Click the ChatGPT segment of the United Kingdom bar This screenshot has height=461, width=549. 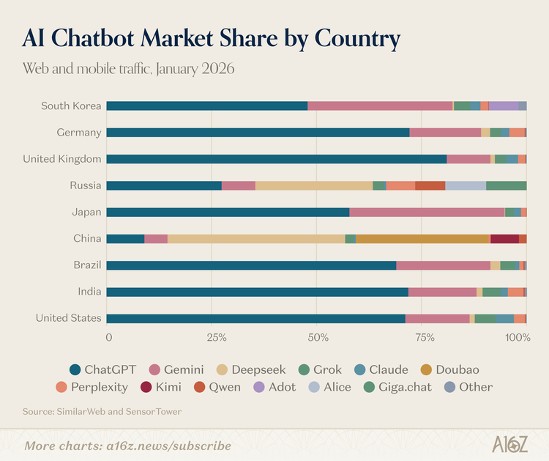click(277, 159)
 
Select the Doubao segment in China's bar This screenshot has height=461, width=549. click(423, 239)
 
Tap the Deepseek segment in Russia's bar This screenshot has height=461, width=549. click(314, 185)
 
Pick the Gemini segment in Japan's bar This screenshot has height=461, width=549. click(427, 213)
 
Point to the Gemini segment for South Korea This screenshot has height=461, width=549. click(380, 106)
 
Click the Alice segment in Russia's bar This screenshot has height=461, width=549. click(466, 185)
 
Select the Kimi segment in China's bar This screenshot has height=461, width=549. click(504, 239)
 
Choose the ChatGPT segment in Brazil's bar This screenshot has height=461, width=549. click(251, 265)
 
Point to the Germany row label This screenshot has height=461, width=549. click(78, 133)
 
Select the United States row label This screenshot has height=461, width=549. click(68, 319)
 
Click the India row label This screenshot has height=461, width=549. click(89, 292)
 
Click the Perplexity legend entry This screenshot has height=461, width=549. click(91, 386)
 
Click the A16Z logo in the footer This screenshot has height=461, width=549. click(505, 445)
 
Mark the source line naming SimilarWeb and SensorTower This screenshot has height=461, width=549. click(102, 411)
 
